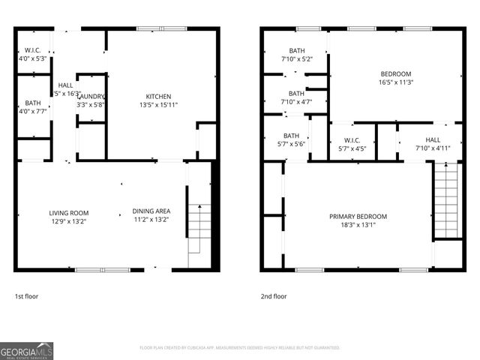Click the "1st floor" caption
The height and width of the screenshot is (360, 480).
pyautogui.click(x=27, y=296)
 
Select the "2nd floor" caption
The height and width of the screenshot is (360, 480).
pyautogui.click(x=274, y=296)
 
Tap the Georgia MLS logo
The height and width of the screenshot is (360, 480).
pyautogui.click(x=27, y=350)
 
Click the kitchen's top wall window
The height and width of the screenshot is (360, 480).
pyautogui.click(x=161, y=28)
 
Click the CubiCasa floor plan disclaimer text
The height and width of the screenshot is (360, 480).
pyautogui.click(x=239, y=348)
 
